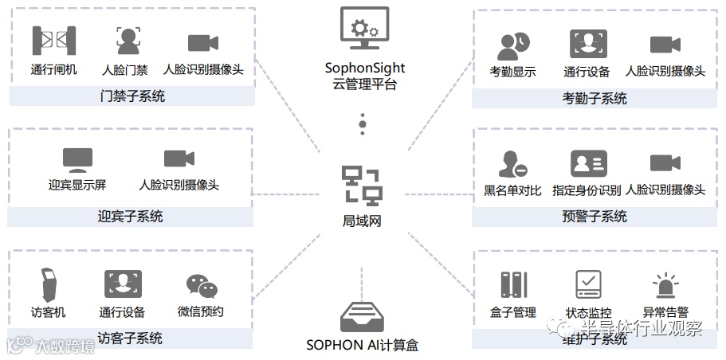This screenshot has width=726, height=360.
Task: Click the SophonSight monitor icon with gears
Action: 364,29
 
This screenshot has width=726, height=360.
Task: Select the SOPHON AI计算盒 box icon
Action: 363,317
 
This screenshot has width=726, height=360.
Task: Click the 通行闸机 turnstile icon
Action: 53,41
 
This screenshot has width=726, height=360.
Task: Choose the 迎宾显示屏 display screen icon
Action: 77,159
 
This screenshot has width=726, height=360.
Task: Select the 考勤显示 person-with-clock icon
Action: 512,46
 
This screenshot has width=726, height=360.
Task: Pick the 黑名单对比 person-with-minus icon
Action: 512,164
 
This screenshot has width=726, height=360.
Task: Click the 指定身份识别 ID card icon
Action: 588,163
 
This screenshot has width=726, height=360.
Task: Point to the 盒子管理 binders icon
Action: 514,285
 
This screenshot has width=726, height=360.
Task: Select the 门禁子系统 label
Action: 132,96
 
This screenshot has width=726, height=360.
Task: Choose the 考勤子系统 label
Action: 595,99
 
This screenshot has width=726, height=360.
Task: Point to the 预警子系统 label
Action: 595,217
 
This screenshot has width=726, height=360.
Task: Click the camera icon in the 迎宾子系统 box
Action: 179,159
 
